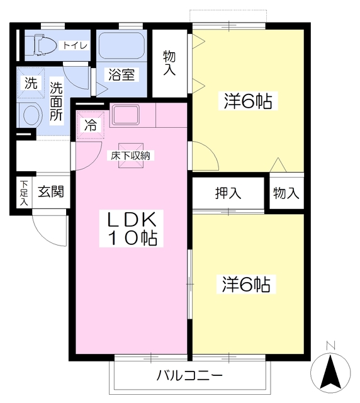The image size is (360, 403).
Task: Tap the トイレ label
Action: [74, 45]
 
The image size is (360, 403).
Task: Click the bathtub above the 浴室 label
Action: [122, 46]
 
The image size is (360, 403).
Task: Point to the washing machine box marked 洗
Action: [30, 83]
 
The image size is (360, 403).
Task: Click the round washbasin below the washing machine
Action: [30, 115]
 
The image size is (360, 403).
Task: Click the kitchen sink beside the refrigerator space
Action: [125, 116]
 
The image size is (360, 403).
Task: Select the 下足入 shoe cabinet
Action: [23, 193]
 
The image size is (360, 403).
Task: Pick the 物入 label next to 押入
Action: [286, 193]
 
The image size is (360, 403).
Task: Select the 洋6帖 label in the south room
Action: [246, 285]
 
